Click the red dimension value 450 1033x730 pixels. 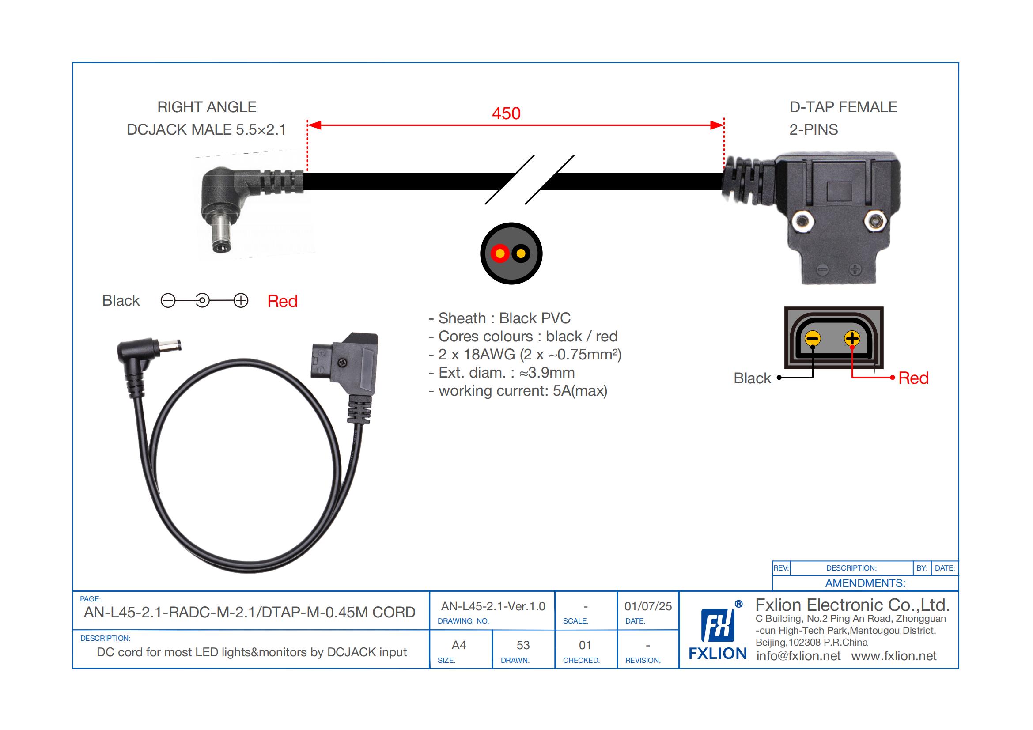pos(506,113)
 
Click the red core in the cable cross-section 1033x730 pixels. pos(500,253)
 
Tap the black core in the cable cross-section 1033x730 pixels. pos(521,253)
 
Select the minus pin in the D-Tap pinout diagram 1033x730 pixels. pos(813,339)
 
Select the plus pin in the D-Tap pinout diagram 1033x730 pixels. pos(852,338)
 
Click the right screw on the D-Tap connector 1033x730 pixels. pos(875,221)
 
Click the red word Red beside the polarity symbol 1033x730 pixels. pos(282,301)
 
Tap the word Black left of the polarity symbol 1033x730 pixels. pos(121,300)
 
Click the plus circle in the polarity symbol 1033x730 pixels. pos(241,300)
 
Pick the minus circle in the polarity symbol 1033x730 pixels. pos(168,300)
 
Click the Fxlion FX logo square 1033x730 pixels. pos(718,625)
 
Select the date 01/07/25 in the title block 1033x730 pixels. pos(648,606)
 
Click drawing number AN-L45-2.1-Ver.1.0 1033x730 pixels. pos(493,606)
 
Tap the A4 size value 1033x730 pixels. pos(458,646)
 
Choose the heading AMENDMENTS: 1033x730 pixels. pos(865,583)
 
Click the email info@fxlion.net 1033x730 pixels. pos(798,656)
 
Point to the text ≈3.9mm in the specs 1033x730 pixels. pos(547,373)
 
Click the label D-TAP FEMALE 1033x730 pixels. pos(843,107)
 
